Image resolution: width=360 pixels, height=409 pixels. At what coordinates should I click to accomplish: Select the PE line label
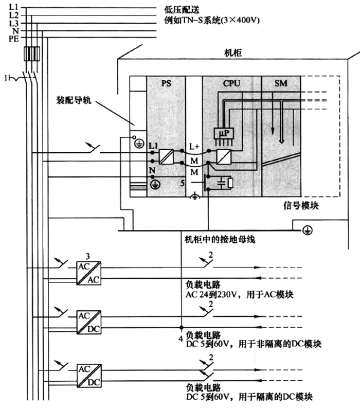tap(14, 38)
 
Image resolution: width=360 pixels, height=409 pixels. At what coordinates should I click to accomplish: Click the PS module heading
tap(166, 82)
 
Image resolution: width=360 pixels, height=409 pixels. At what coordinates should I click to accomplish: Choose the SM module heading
tap(281, 82)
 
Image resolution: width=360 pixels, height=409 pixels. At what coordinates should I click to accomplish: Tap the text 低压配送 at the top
tap(181, 9)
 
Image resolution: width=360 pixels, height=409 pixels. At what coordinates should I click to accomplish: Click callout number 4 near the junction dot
tap(180, 338)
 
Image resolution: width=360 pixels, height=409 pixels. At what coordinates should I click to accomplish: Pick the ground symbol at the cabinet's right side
tap(308, 228)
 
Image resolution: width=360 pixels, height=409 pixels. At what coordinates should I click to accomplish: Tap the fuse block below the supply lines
tap(32, 54)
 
